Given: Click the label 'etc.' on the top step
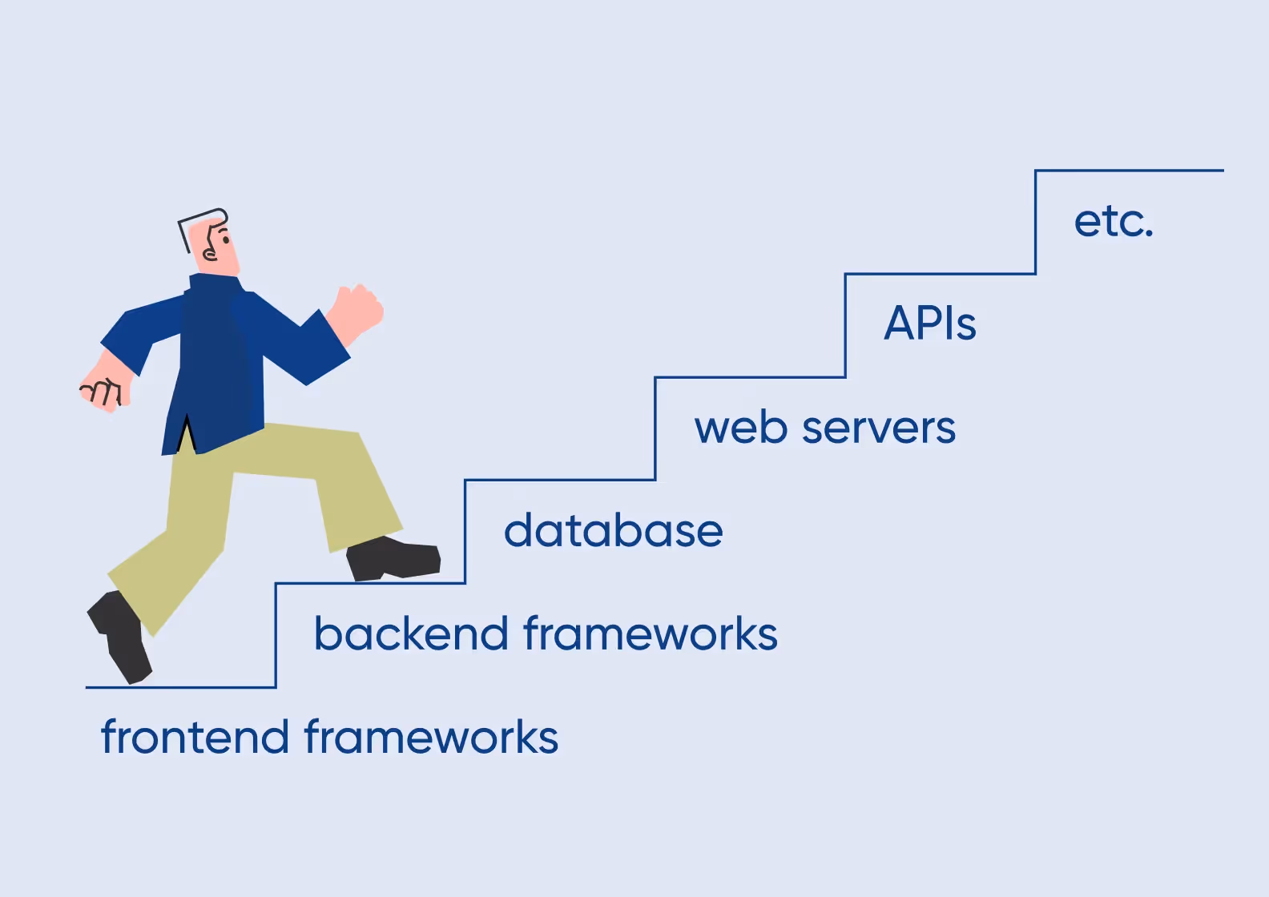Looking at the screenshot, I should (1113, 222).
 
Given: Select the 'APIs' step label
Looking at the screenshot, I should (929, 324).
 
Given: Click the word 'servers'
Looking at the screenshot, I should (879, 428).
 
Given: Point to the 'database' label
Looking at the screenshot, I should (613, 531).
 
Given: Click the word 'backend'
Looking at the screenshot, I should (410, 634).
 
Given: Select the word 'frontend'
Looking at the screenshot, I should (195, 737).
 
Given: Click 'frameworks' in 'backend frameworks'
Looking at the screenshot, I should (651, 634).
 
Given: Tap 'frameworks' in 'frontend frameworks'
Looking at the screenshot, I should (431, 737).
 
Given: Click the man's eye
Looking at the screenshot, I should (225, 239).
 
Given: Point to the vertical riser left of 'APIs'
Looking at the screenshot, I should (845, 325).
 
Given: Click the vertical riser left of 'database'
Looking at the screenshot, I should (465, 532).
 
